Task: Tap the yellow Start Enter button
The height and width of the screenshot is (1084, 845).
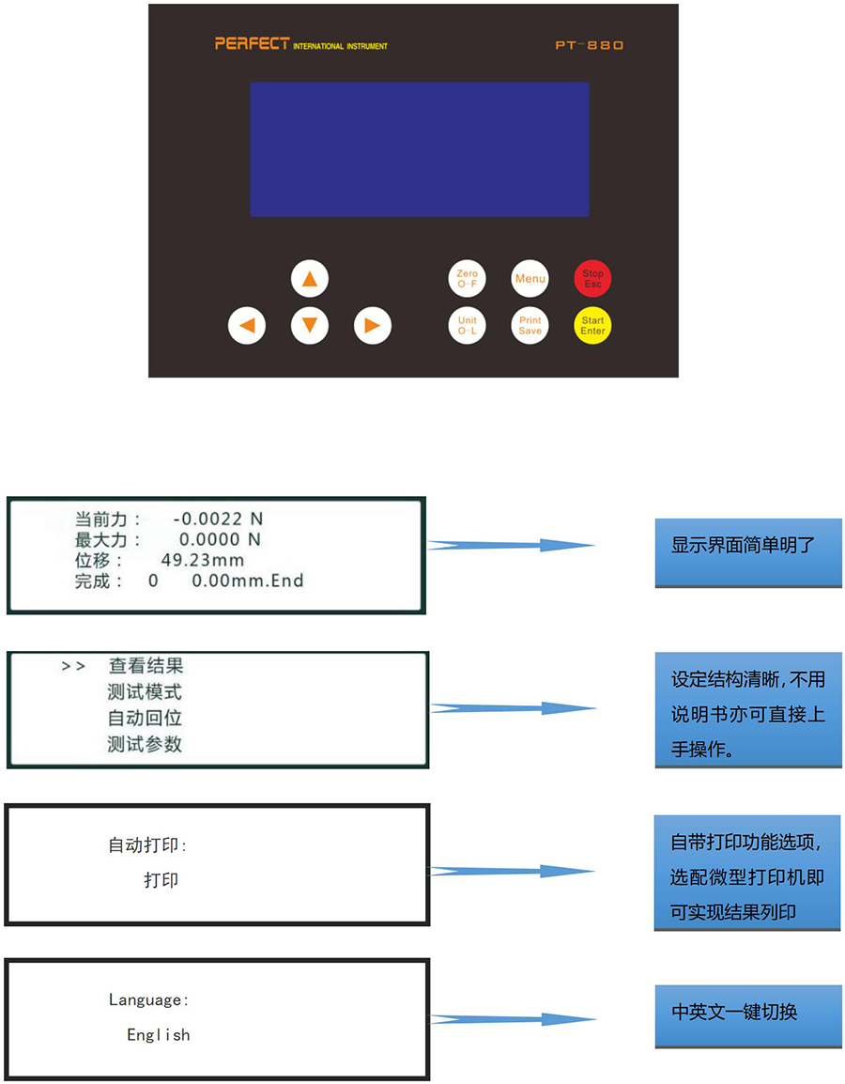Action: [x=592, y=326]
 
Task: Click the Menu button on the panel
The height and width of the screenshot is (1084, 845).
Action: [x=530, y=278]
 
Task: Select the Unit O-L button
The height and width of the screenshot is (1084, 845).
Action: [x=467, y=326]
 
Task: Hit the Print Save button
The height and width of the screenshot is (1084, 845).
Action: [x=530, y=326]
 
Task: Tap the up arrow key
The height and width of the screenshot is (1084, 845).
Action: [x=310, y=278]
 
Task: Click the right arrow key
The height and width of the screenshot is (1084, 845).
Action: [x=372, y=326]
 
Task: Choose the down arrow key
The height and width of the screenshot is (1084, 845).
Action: [x=310, y=326]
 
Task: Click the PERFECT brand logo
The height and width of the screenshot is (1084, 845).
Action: [x=252, y=43]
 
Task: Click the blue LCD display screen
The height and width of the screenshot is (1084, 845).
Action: [x=419, y=149]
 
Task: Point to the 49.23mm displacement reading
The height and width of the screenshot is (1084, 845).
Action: [x=202, y=560]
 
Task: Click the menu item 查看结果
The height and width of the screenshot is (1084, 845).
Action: [x=146, y=666]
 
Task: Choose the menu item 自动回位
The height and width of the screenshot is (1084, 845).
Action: [x=145, y=719]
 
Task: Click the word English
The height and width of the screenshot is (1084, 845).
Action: [x=159, y=1035]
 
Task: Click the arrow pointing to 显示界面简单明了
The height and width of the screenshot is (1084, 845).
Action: [x=512, y=545]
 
